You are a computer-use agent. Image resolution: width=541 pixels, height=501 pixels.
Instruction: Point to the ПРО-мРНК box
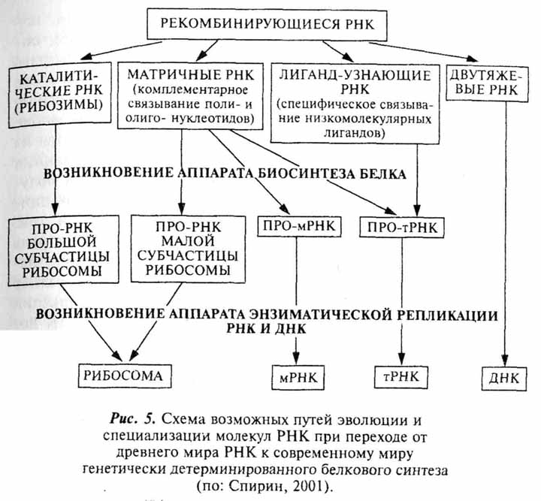pyautogui.click(x=298, y=225)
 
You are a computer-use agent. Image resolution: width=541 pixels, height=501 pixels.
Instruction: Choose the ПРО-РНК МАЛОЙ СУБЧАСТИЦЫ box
pyautogui.click(x=186, y=247)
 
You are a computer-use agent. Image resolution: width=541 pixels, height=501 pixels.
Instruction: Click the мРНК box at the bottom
pyautogui.click(x=298, y=376)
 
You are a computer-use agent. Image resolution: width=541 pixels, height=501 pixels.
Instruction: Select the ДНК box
pyautogui.click(x=503, y=376)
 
